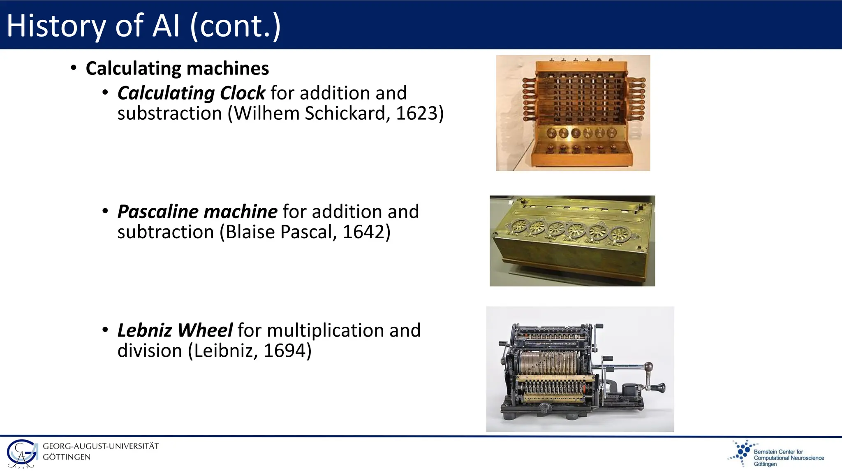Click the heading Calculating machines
pos(177,68)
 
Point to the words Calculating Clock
pos(191,93)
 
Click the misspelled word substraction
pos(169,114)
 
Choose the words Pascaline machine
pos(197,212)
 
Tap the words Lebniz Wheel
pos(175,330)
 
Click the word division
pos(150,351)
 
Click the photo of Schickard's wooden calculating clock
pos(573,113)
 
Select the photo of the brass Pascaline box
pos(572,241)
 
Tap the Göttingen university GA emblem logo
pos(22,454)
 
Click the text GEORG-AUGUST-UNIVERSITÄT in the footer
pos(101,446)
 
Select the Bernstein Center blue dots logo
pos(741,453)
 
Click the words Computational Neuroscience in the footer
pos(789,458)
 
